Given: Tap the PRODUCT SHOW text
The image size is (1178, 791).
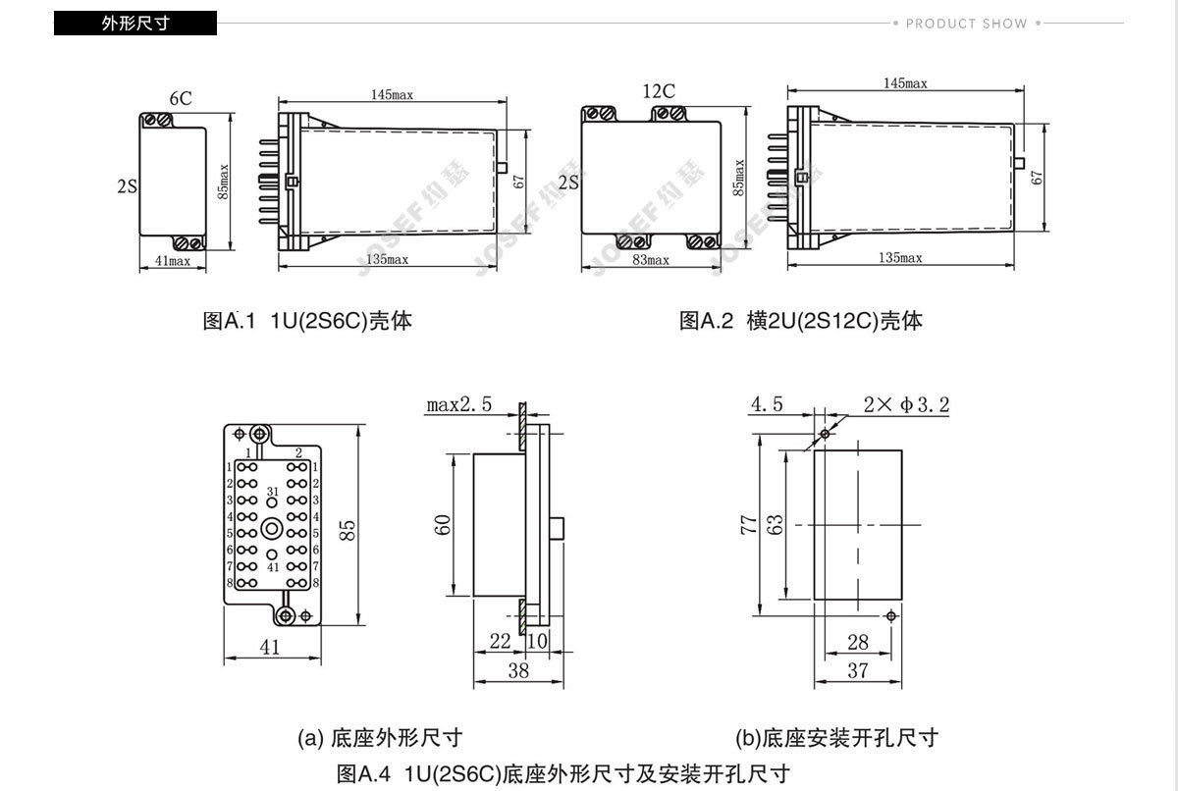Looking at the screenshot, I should point(966,24).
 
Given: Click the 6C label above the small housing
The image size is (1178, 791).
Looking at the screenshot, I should point(180,98).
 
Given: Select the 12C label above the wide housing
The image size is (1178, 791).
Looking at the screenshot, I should point(659,91).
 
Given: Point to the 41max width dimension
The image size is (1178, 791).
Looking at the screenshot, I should point(173,260).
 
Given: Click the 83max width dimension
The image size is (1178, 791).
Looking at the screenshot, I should point(650,260).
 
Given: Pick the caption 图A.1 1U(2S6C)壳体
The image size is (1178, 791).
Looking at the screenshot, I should point(306,321).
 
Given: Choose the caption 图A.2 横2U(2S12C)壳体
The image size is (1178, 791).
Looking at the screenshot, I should point(801,321).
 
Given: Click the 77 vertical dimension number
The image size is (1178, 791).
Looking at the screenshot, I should point(745,524).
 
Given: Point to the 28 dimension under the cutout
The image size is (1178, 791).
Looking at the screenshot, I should point(857,642).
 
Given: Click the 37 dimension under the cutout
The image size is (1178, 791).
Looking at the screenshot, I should point(857,670).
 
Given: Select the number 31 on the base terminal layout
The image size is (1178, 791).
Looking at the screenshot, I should point(272,492).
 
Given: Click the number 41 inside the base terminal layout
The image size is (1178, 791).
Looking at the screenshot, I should point(272,567).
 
